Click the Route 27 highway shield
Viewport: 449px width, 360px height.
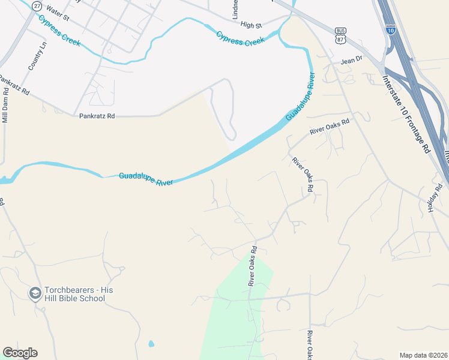38,5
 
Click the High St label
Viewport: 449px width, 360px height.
251,26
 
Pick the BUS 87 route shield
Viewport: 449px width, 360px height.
340,35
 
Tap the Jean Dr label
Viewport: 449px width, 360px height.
352,60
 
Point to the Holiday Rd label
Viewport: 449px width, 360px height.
434,197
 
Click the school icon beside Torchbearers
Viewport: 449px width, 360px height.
35,293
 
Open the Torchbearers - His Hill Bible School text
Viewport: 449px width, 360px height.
79,294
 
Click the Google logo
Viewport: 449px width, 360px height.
20,353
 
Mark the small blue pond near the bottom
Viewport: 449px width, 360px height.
150,344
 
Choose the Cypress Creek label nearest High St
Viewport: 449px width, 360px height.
240,38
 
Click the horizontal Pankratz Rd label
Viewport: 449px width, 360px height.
97,116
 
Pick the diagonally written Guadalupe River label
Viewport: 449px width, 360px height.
300,97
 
